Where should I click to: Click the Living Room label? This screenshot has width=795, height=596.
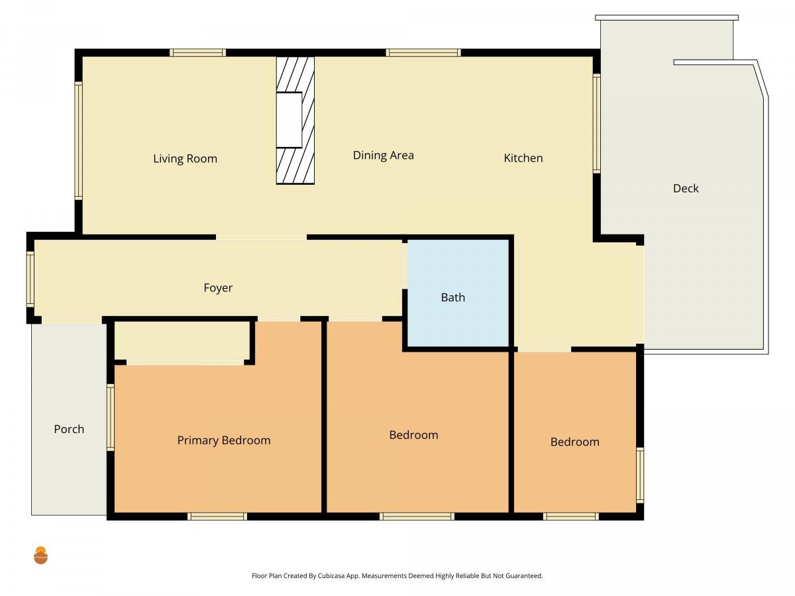pos(185,158)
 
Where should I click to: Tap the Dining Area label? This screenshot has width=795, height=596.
pos(383,155)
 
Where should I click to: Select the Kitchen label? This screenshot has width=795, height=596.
pos(523,158)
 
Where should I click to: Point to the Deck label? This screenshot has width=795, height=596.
pos(686,188)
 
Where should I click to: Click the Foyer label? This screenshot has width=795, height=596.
pos(218,287)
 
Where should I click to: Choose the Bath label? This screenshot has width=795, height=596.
pos(452,297)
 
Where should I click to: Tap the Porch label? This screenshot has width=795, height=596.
pos(69,429)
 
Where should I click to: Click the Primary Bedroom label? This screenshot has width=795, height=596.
pos(224,440)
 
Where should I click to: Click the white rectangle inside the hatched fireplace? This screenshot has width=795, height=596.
pos(289,120)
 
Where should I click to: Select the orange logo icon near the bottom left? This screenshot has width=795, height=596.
pos(40,555)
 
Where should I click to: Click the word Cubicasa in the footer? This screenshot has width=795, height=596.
pos(331,575)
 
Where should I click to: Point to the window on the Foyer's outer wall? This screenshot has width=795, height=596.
pos(30,279)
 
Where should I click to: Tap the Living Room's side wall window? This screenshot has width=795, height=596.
pos(79,141)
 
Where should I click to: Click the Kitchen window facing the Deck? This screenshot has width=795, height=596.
pos(596,123)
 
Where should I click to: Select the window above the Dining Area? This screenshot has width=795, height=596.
pos(423,53)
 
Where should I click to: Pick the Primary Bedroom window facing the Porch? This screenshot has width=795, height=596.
pos(111,417)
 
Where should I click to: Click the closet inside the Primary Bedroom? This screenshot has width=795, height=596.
pos(182,340)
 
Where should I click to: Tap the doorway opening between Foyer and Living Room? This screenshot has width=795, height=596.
pos(261,237)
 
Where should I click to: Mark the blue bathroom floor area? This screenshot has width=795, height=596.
pos(458,293)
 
